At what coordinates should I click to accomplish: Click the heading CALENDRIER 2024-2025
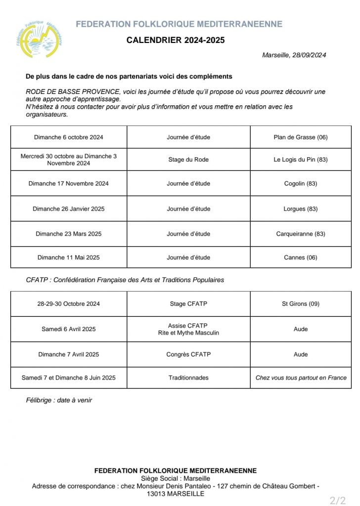click(176, 41)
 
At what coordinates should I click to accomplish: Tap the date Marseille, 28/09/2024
click(294, 55)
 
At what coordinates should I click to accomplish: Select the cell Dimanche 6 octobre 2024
click(69, 137)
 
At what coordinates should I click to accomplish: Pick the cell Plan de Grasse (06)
click(301, 137)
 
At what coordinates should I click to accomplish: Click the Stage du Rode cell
click(188, 160)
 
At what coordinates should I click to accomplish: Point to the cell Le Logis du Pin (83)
click(301, 160)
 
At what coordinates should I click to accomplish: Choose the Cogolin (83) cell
click(301, 183)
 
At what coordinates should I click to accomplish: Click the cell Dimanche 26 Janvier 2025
click(69, 209)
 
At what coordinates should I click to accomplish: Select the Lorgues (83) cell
click(301, 209)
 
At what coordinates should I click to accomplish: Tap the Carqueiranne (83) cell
click(301, 234)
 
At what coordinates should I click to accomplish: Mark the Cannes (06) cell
click(301, 257)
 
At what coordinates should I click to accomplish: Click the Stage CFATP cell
click(188, 304)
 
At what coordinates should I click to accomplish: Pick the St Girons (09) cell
click(301, 304)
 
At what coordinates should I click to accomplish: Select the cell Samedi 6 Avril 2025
click(69, 329)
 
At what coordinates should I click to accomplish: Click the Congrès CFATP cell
click(188, 354)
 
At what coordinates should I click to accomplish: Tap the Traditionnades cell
click(188, 378)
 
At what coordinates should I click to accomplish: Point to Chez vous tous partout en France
click(301, 378)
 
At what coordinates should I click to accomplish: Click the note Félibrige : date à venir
click(59, 400)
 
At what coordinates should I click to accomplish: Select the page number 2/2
click(338, 500)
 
